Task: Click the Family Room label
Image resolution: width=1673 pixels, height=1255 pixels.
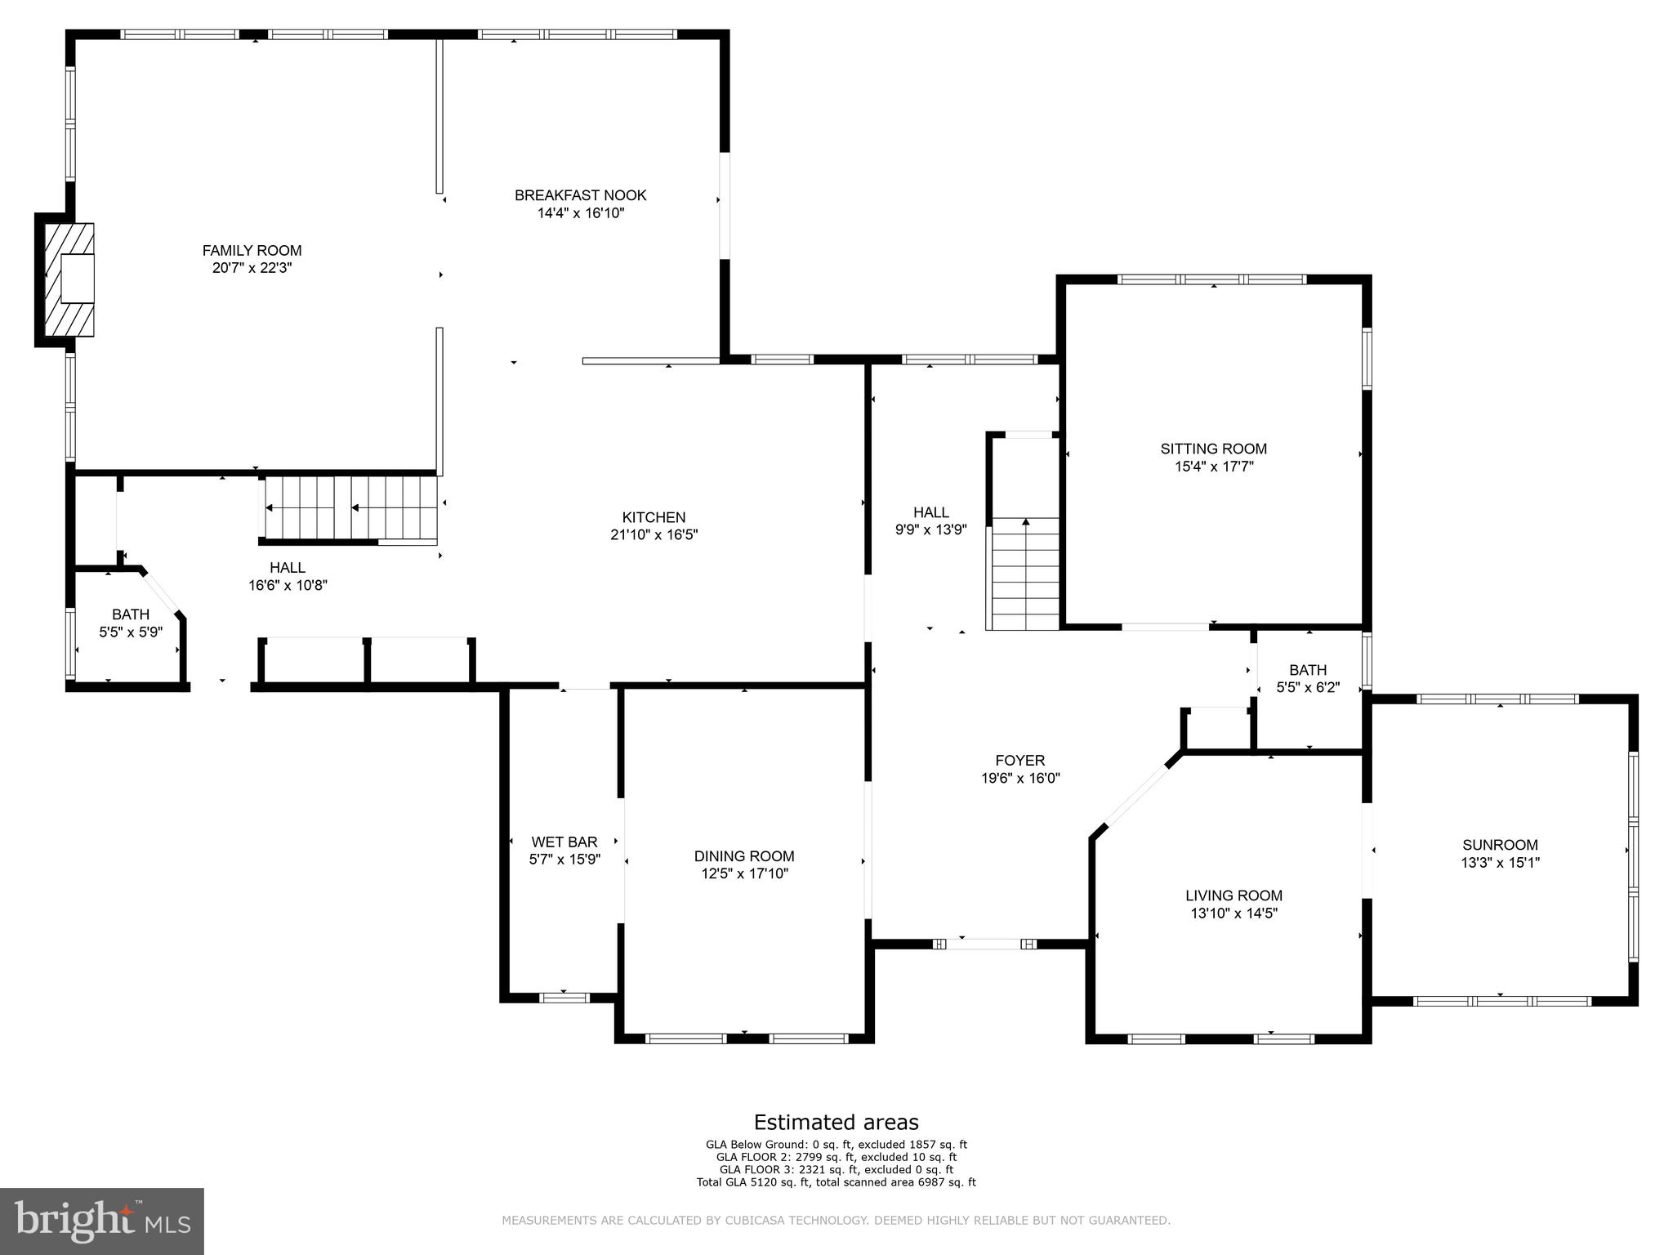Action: tap(252, 251)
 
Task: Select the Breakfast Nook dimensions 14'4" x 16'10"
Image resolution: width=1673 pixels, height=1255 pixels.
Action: tap(580, 213)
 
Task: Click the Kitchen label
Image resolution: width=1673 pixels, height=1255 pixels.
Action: tap(654, 517)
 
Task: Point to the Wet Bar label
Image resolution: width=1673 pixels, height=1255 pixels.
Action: tap(564, 842)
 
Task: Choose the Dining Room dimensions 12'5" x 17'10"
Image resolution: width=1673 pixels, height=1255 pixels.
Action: tap(743, 873)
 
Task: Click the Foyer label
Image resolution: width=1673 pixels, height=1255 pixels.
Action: tap(1019, 761)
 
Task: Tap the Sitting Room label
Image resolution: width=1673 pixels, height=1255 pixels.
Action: tap(1213, 449)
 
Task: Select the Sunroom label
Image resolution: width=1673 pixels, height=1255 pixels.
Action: tap(1500, 845)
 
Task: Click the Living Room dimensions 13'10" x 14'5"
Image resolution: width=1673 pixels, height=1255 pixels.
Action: tap(1234, 913)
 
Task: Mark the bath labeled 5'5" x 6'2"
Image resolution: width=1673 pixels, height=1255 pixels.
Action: tap(1308, 678)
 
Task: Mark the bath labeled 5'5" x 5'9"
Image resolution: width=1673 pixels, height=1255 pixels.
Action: tap(131, 623)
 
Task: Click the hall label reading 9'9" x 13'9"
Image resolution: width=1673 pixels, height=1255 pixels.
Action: tap(930, 520)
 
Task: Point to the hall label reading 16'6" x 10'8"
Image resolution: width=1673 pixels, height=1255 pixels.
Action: tap(288, 576)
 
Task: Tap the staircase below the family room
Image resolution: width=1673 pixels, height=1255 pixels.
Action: tap(350, 508)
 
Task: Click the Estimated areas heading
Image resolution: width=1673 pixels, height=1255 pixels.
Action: tap(836, 1122)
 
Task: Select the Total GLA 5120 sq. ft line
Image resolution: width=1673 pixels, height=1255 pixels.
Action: tap(836, 1181)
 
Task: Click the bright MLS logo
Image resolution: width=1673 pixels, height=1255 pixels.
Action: tap(101, 1221)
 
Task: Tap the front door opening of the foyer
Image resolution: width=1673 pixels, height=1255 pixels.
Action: tap(984, 944)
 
